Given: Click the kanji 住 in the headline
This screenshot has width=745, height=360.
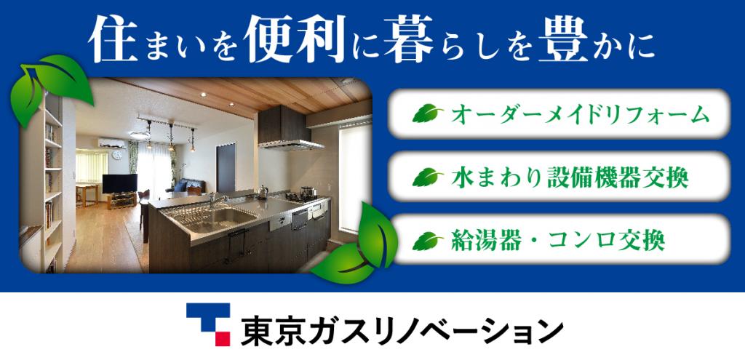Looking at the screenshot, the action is (113, 39).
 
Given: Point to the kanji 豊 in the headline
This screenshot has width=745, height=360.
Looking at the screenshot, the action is (564, 39).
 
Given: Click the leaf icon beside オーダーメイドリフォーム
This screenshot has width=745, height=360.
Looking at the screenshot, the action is (427, 113).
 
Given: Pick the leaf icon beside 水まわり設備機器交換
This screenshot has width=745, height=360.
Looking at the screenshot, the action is (427, 177).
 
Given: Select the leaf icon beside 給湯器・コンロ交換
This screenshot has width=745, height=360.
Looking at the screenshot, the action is (427, 240).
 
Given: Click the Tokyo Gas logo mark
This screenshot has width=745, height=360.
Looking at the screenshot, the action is (208, 325).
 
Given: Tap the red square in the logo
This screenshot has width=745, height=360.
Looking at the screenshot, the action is (223, 339).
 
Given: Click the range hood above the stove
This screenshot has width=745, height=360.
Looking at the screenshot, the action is (289, 127).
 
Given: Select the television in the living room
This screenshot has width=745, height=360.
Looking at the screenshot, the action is (120, 184).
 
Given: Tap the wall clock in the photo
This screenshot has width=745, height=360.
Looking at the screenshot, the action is (117, 155).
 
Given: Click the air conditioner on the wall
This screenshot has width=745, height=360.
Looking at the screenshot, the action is (112, 143).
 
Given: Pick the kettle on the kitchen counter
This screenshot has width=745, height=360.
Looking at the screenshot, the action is (263, 192).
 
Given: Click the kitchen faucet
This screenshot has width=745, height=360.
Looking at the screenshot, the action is (217, 199).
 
